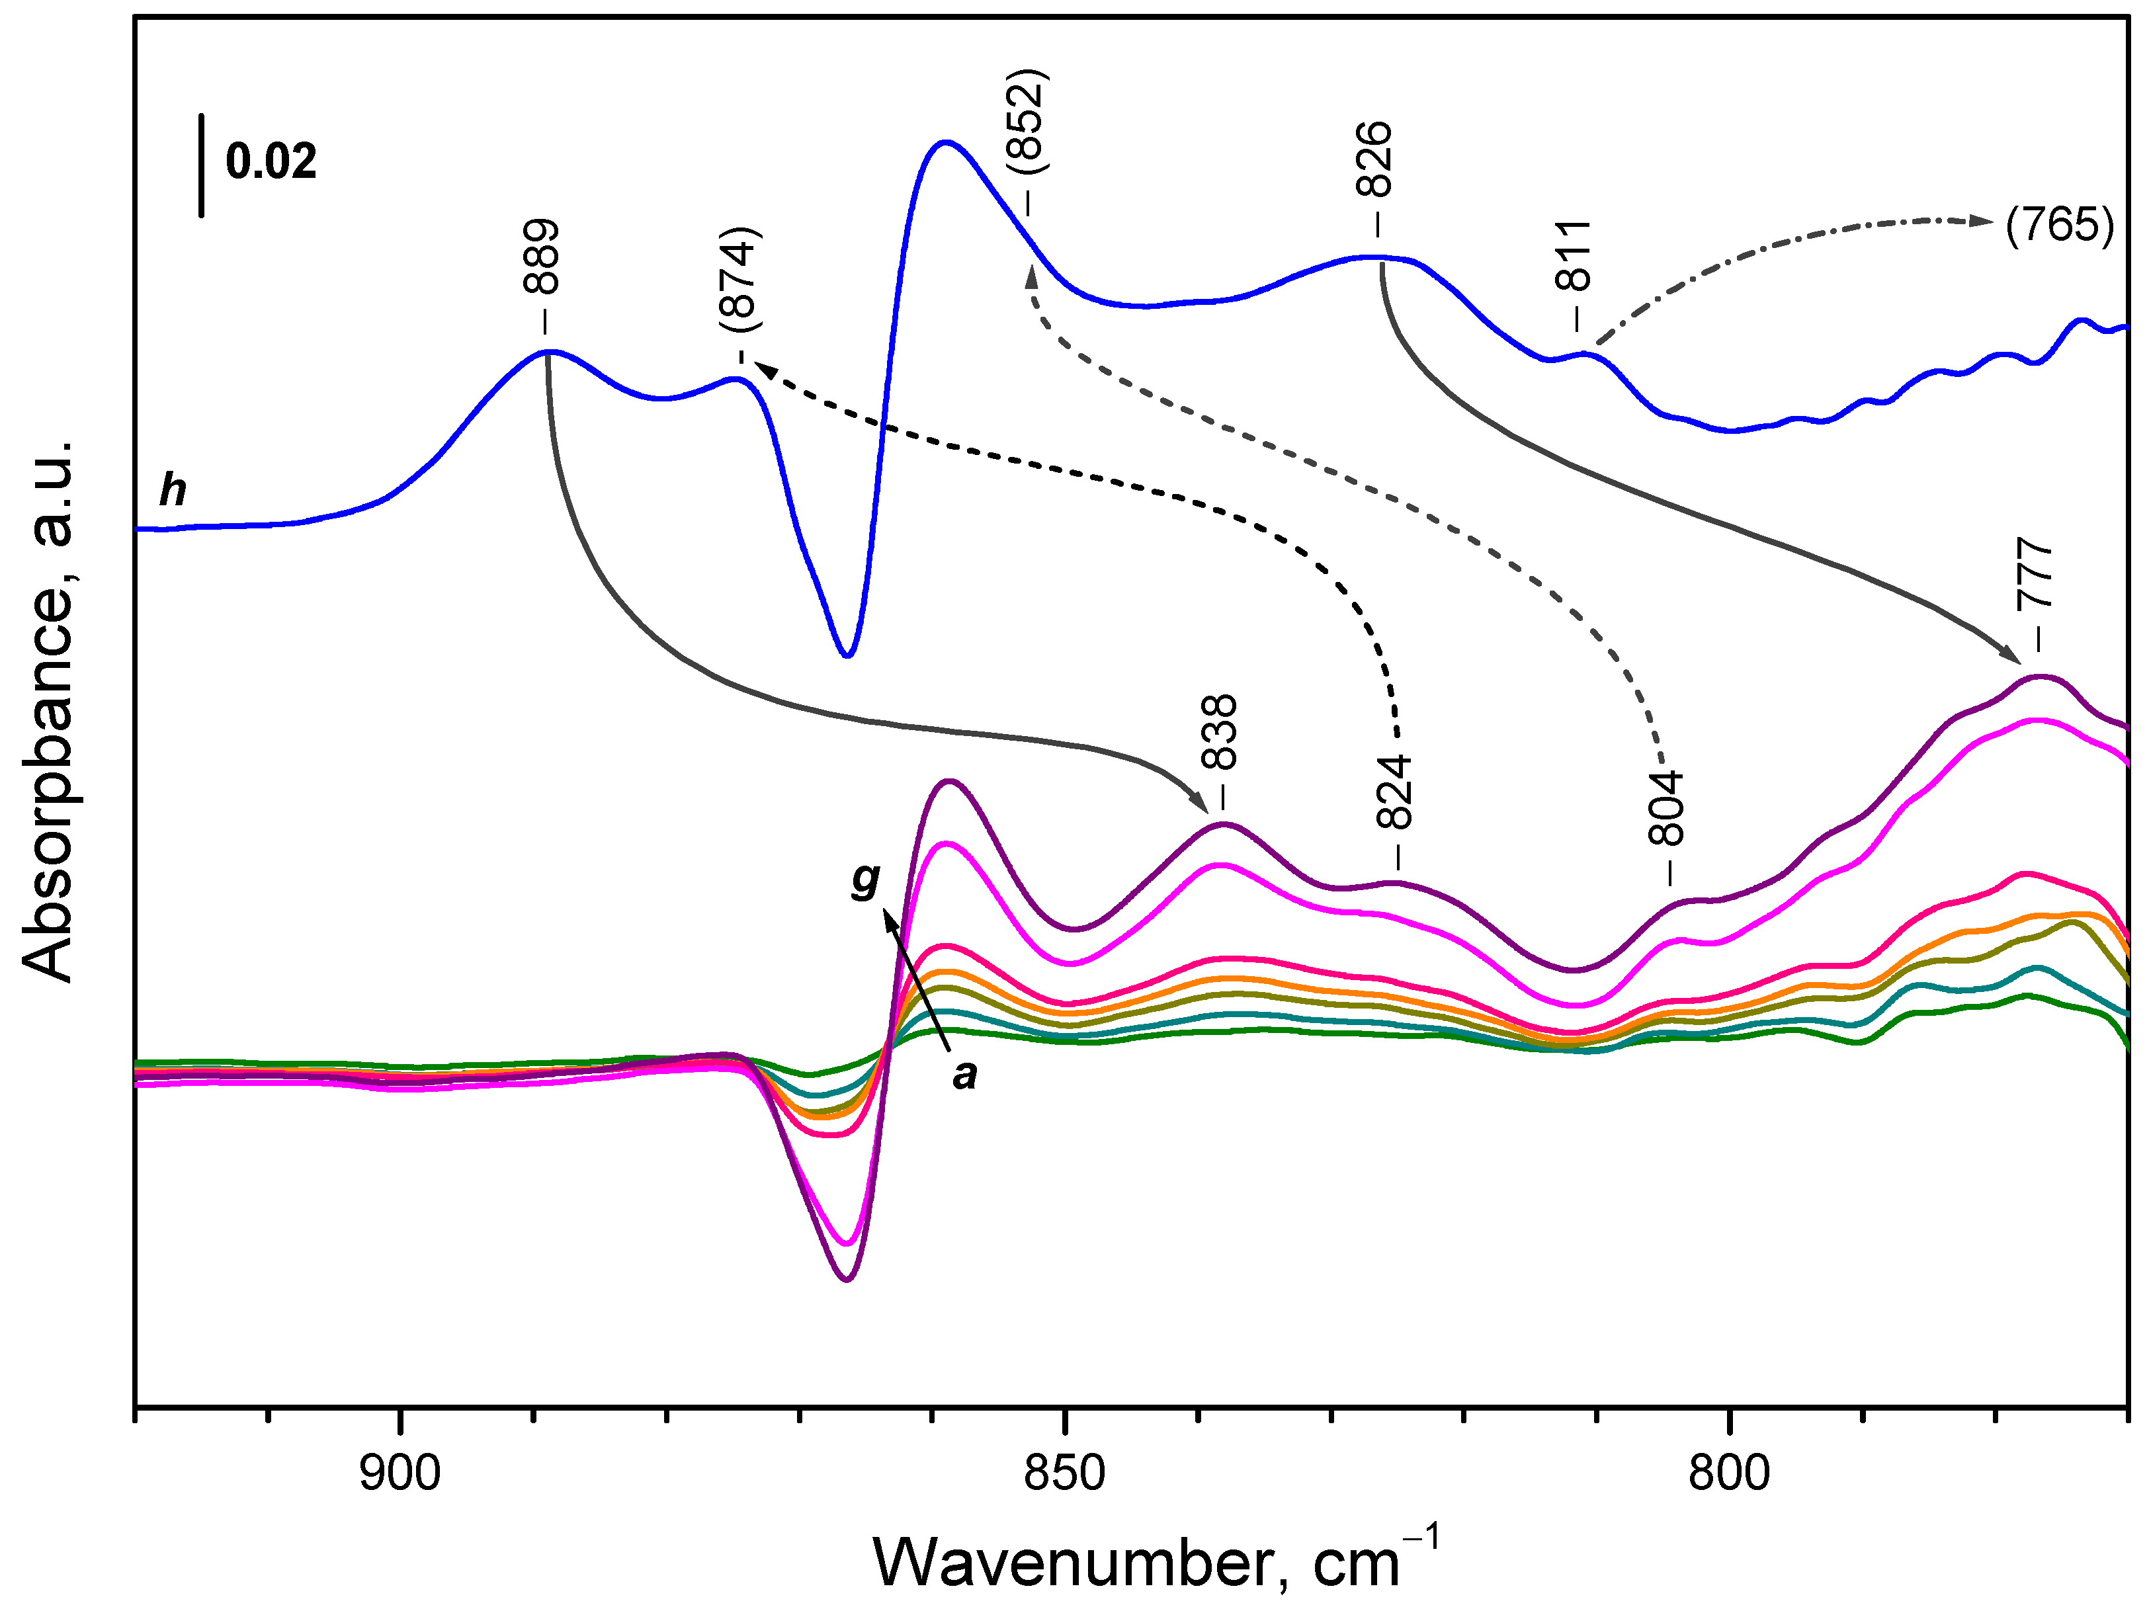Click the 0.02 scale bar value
pyautogui.click(x=271, y=161)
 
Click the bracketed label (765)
pyautogui.click(x=2060, y=226)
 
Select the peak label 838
pyautogui.click(x=1220, y=733)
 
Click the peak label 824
pyautogui.click(x=1395, y=793)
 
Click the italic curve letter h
pyautogui.click(x=173, y=491)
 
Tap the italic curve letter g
pyautogui.click(x=864, y=880)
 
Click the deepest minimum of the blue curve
pyautogui.click(x=848, y=655)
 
